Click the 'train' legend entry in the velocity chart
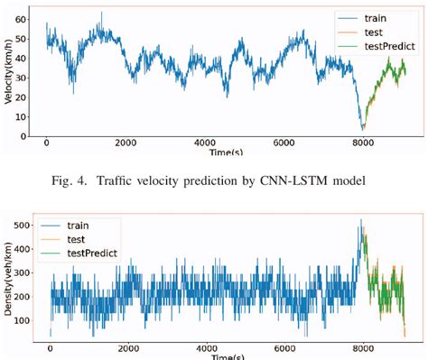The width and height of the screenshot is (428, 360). click(x=375, y=17)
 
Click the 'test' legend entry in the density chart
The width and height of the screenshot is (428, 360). click(x=91, y=240)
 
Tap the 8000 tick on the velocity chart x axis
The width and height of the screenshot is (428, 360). click(x=363, y=143)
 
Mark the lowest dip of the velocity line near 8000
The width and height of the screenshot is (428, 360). click(x=362, y=129)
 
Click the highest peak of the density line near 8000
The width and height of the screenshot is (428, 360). click(x=361, y=219)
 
